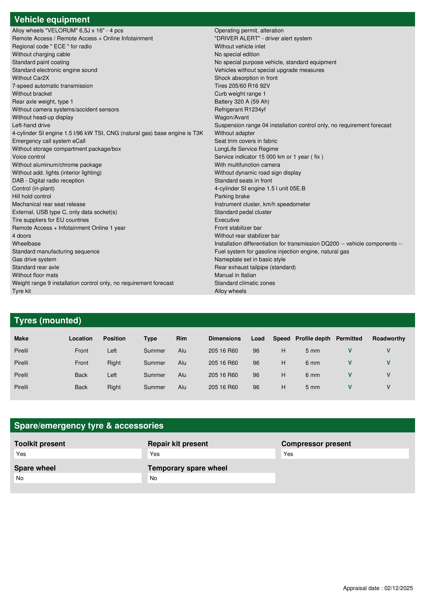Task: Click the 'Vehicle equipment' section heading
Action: (x=52, y=20)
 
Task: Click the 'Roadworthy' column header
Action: (x=389, y=339)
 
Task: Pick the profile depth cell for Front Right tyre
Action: (x=312, y=363)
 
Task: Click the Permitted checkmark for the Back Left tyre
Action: (x=350, y=375)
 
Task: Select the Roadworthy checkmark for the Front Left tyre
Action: (x=388, y=351)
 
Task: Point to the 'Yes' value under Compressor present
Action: (x=288, y=454)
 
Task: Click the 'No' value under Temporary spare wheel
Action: (x=153, y=478)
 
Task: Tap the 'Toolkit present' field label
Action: (x=40, y=444)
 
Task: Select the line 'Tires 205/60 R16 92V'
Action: (x=242, y=86)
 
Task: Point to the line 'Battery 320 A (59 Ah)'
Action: (x=242, y=102)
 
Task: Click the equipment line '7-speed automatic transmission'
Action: (x=52, y=86)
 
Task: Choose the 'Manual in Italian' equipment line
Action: (x=235, y=275)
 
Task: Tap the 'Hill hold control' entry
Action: (x=32, y=196)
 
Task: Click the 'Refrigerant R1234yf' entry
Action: (x=240, y=109)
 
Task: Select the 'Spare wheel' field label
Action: (x=35, y=468)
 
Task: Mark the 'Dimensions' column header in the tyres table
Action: (x=224, y=339)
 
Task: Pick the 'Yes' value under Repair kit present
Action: (x=155, y=454)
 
